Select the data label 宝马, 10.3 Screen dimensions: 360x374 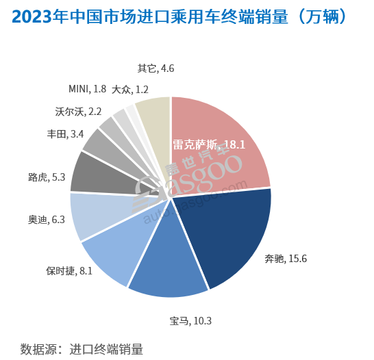190,320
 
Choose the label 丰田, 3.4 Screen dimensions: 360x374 65,133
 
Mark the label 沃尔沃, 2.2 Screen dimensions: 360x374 78,111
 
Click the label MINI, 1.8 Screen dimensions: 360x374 87,89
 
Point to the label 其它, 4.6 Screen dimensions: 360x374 156,68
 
